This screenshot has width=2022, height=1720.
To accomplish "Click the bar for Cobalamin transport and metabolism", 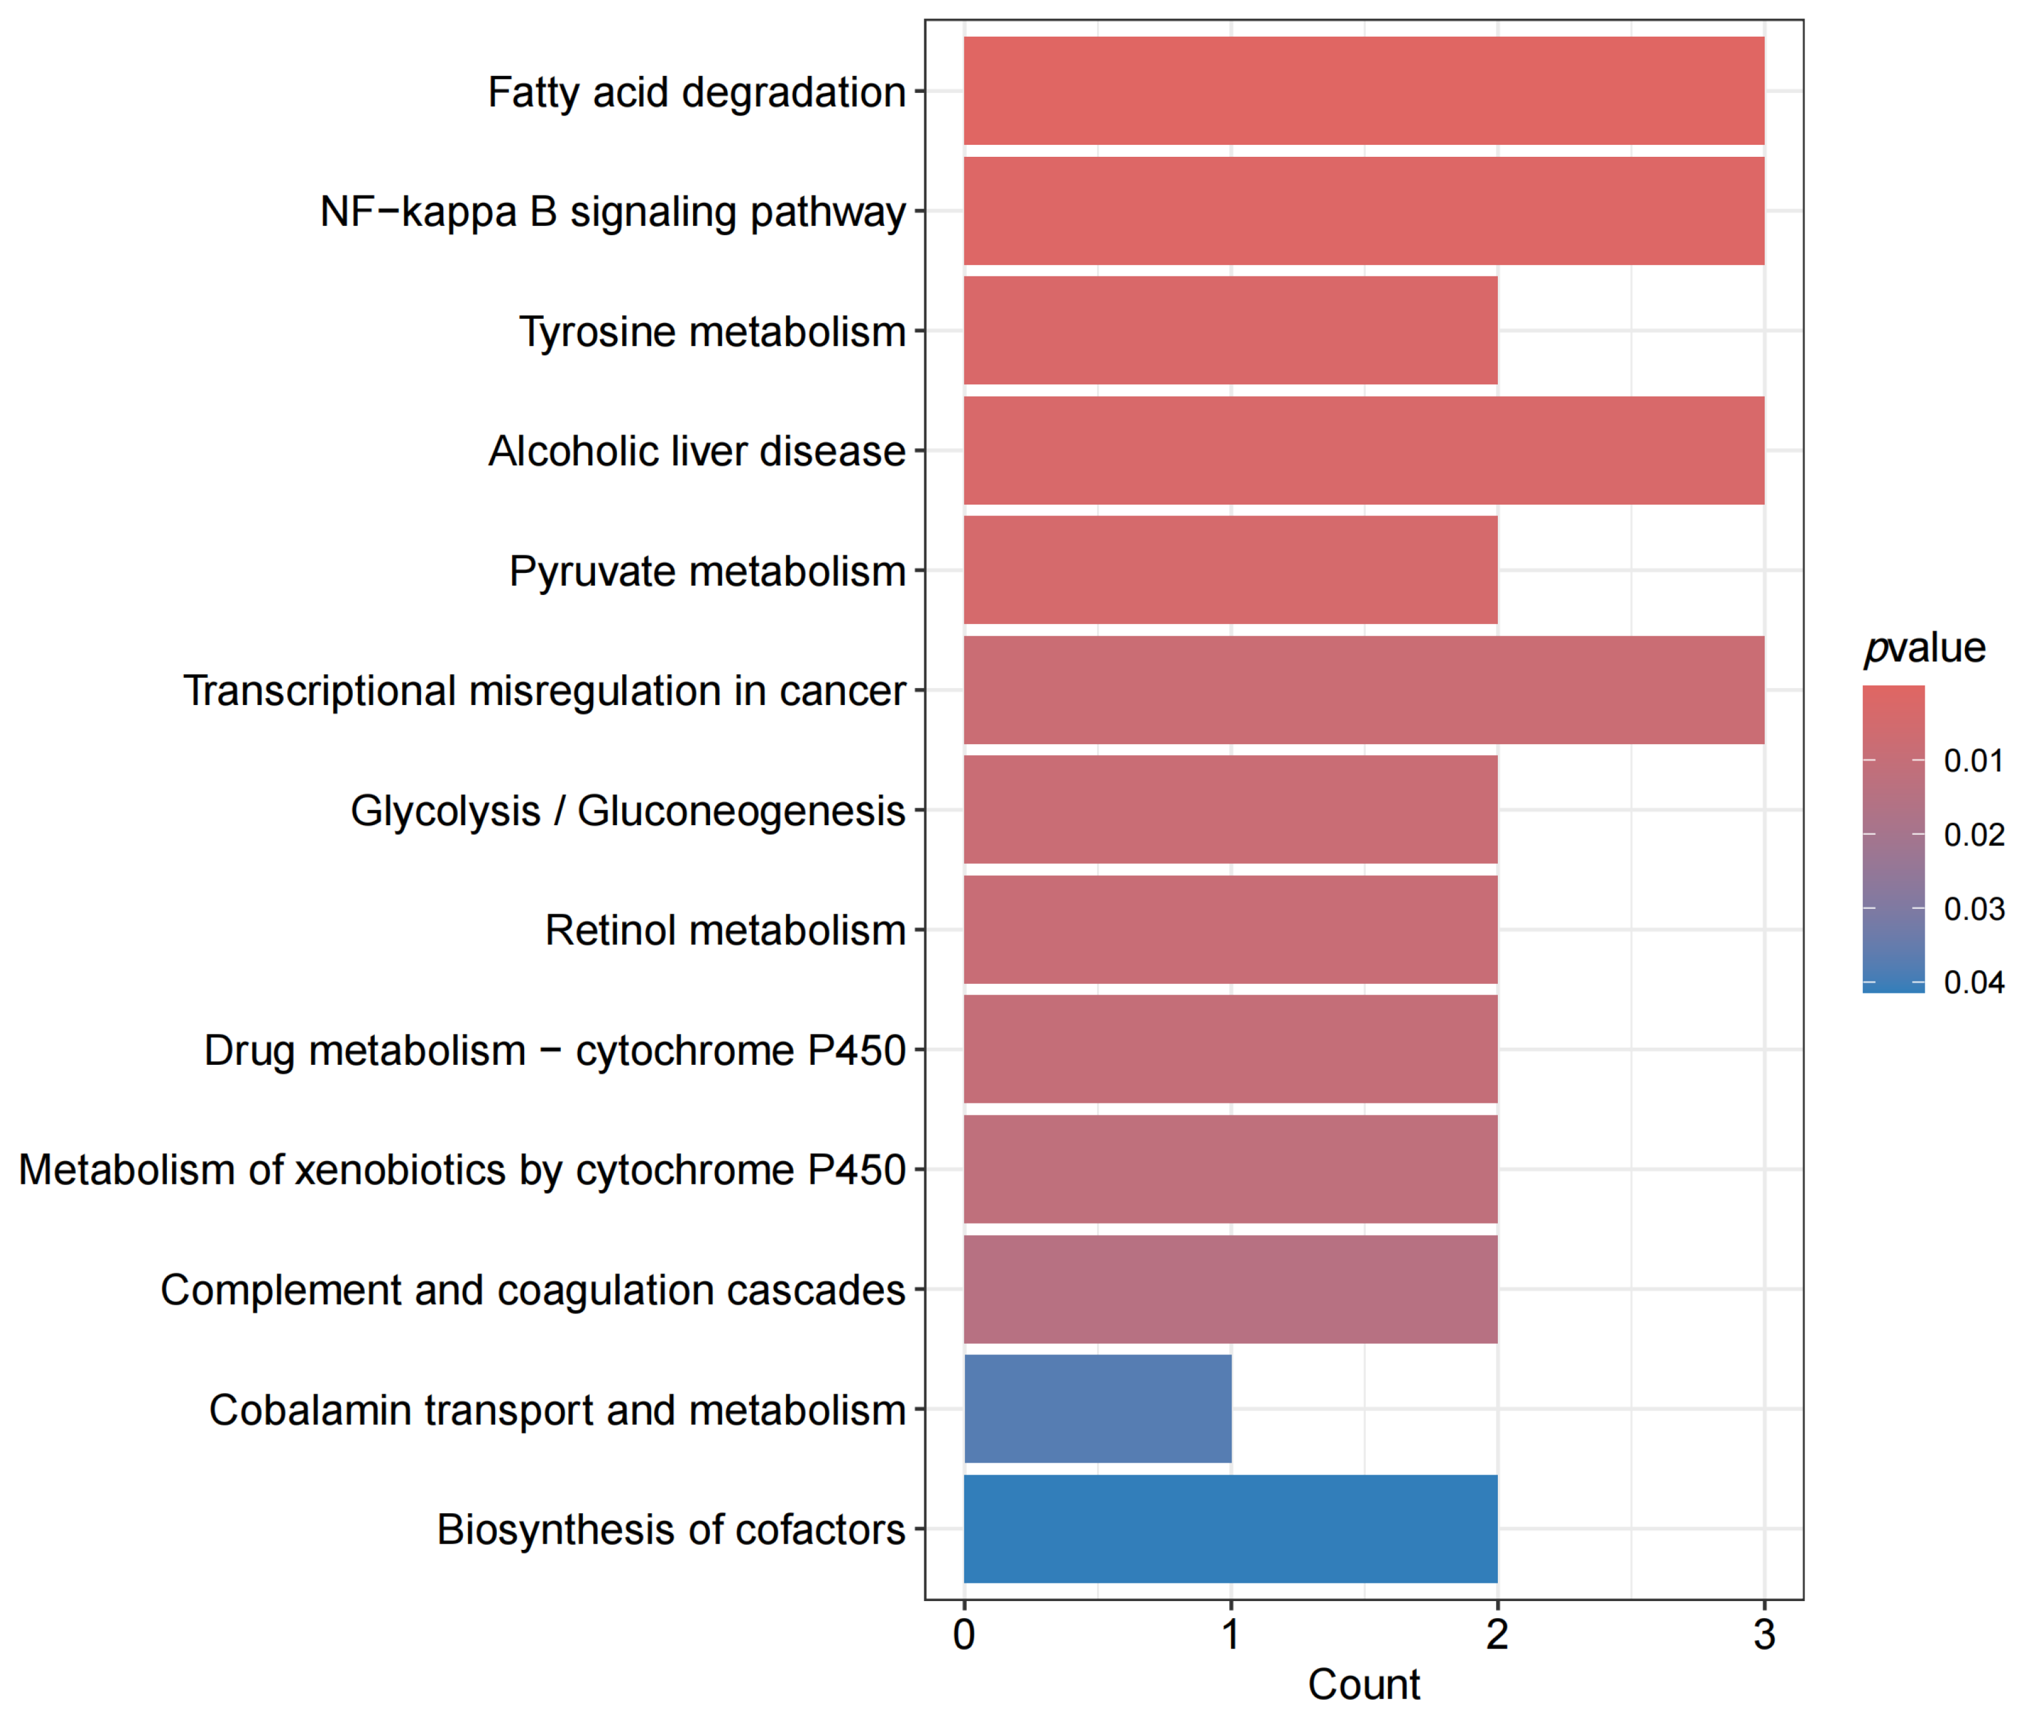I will click(x=1097, y=1408).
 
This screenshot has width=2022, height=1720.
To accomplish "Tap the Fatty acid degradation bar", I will click(x=1363, y=90).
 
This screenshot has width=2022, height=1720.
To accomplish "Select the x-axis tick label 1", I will click(x=1230, y=1634).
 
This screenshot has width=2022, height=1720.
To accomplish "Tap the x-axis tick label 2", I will click(x=1497, y=1634).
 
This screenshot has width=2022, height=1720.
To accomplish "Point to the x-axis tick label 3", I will click(x=1763, y=1634).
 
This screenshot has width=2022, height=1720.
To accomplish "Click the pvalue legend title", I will click(x=1923, y=648).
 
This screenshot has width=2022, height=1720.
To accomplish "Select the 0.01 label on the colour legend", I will click(x=1973, y=761).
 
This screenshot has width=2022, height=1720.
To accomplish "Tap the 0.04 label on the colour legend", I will click(x=1973, y=982).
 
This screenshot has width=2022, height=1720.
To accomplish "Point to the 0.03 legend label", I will click(x=1973, y=909).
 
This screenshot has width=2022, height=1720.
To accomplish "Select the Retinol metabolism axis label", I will click(x=725, y=929).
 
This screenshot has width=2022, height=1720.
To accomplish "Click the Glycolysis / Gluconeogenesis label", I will click(x=627, y=810).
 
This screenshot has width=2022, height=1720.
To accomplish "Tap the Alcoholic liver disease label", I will click(x=696, y=450).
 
